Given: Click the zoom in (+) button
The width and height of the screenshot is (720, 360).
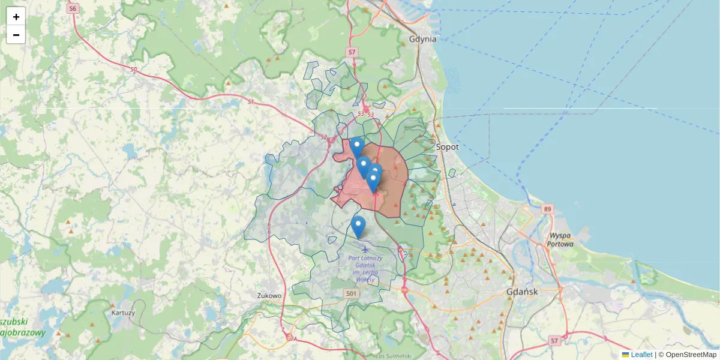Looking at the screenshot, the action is (16, 16).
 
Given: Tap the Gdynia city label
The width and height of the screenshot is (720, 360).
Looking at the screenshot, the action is (422, 39).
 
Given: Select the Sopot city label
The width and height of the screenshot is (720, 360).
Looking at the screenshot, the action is (447, 146).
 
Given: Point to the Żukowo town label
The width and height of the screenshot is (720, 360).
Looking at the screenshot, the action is (269, 296).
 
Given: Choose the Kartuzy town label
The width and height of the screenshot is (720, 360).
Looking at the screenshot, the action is (123, 313).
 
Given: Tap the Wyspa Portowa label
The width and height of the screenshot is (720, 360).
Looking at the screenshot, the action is (560, 239).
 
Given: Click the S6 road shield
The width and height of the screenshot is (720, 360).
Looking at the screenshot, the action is (73, 9).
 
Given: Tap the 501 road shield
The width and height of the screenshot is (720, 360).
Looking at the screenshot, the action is (352, 293).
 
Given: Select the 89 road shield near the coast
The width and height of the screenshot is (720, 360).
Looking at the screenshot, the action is (547, 209).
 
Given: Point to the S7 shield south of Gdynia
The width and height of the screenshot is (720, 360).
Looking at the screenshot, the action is (352, 52).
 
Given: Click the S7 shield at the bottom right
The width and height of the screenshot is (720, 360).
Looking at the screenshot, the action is (554, 341).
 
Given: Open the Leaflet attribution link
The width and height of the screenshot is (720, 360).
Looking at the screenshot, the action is (641, 355).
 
